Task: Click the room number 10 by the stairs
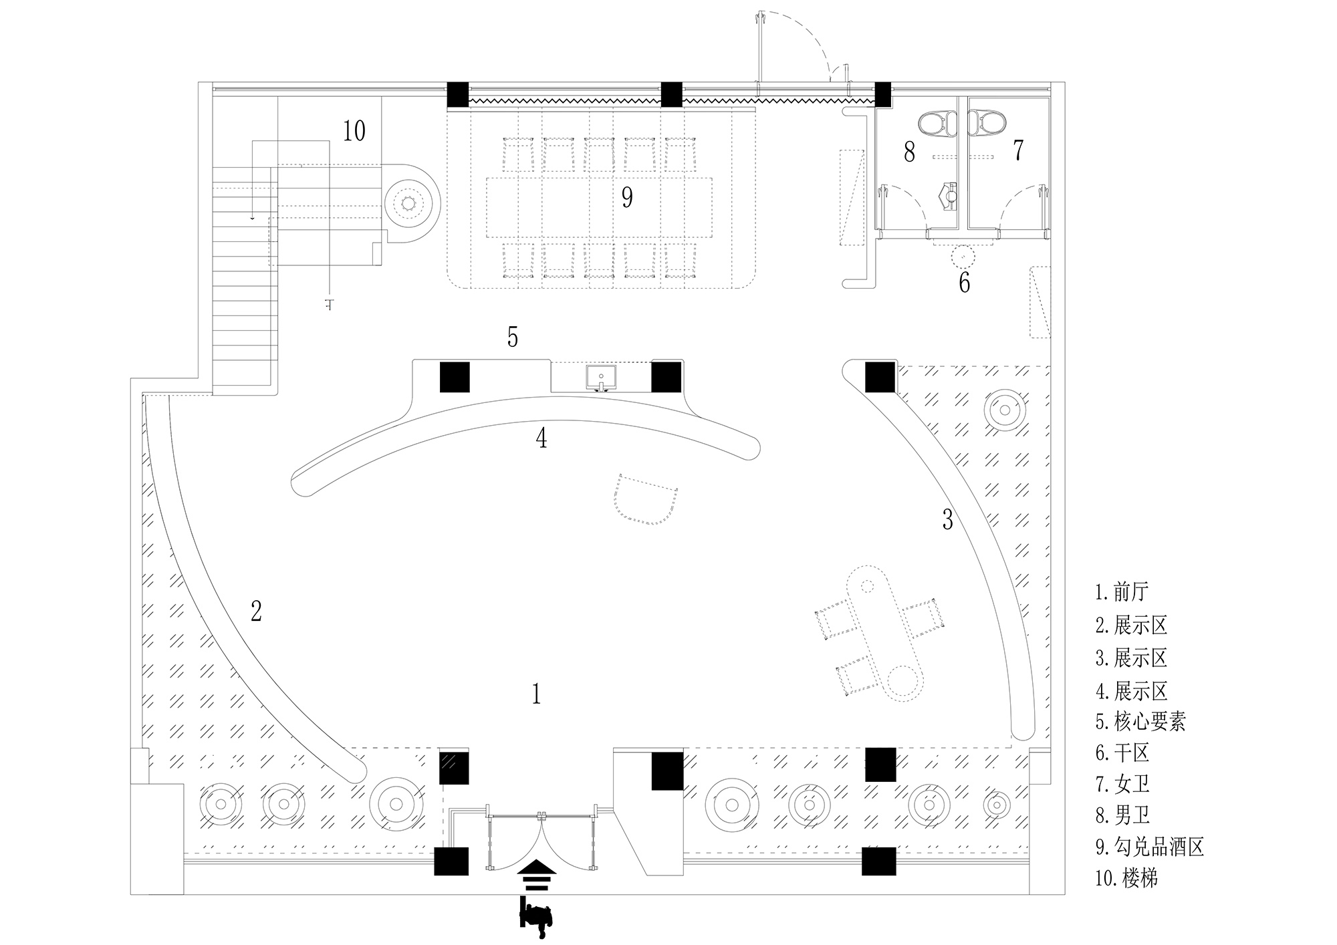point(354,131)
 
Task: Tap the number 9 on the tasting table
point(627,197)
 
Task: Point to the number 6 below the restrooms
point(964,283)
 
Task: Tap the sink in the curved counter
point(602,378)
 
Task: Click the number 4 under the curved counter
point(541,438)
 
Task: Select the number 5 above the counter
point(512,337)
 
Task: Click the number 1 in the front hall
point(536,695)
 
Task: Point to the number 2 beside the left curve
point(256,611)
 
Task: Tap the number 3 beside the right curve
point(947,519)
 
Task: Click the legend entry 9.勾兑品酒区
point(1149,847)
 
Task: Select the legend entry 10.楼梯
point(1126,878)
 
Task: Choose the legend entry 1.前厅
point(1122,592)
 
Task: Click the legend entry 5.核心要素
point(1140,721)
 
